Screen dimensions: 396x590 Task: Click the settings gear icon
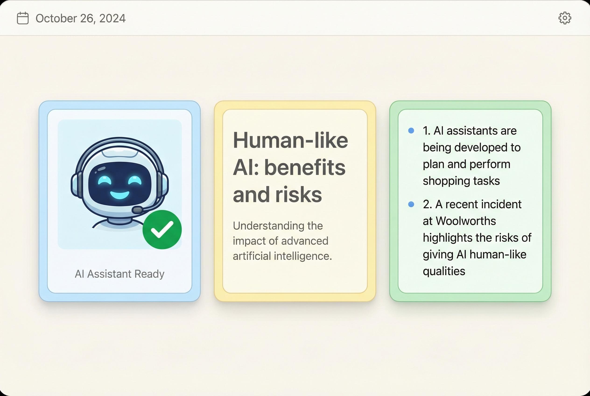point(565,18)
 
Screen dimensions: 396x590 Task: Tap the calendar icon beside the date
point(23,18)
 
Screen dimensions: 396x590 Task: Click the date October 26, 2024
point(81,18)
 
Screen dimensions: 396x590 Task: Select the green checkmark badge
point(162,230)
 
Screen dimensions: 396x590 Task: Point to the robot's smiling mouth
point(120,195)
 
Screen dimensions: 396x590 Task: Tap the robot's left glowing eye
point(104,180)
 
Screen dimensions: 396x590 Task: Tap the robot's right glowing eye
point(135,180)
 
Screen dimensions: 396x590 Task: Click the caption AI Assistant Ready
point(119,274)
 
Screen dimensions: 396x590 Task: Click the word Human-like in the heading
point(290,140)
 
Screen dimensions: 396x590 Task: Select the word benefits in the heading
point(305,168)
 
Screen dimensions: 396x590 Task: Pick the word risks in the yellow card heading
point(299,194)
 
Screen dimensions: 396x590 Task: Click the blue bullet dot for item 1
point(411,131)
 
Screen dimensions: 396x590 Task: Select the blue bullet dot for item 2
point(411,204)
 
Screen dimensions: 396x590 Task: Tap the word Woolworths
point(466,221)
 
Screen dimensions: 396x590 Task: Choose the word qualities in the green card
point(444,271)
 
